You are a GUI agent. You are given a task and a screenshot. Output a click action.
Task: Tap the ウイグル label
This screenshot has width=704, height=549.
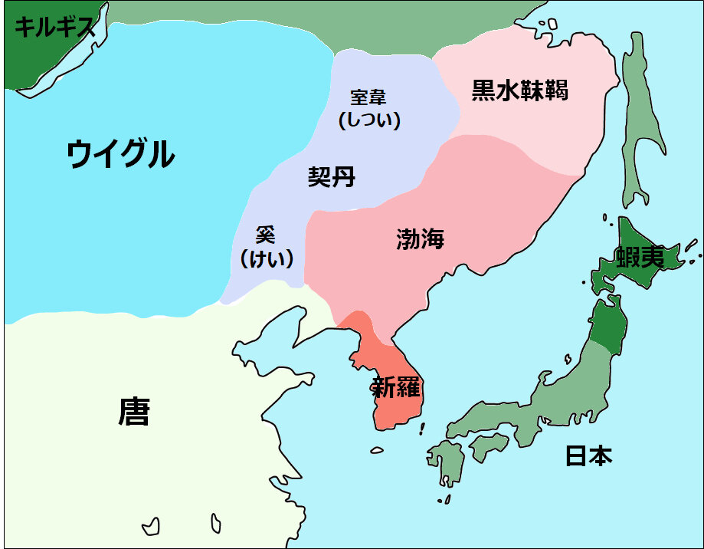tap(120, 154)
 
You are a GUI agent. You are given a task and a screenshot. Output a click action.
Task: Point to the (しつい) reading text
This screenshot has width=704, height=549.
tap(369, 120)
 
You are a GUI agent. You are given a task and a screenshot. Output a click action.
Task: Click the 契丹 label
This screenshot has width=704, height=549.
tap(331, 178)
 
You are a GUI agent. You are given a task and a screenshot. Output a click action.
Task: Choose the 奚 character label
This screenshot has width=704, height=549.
tap(265, 235)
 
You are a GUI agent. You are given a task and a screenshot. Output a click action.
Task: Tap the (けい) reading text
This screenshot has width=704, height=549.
tap(266, 258)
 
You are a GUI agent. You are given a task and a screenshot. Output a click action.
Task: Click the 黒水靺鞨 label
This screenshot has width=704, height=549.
tap(519, 91)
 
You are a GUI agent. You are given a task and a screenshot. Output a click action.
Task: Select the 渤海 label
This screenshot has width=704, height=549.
tap(421, 238)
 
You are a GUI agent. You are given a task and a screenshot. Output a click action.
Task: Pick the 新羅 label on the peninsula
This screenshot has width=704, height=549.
tap(395, 387)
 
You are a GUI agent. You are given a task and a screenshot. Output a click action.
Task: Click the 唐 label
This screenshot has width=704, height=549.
tap(133, 412)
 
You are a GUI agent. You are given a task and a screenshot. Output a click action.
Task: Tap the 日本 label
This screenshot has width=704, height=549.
tap(588, 456)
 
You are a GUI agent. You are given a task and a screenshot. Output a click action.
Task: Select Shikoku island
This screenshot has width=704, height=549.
tap(488, 444)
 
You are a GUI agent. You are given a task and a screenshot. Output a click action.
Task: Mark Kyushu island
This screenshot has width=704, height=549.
tap(447, 464)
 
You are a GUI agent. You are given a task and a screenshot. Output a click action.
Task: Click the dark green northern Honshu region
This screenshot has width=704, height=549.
tap(609, 325)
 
